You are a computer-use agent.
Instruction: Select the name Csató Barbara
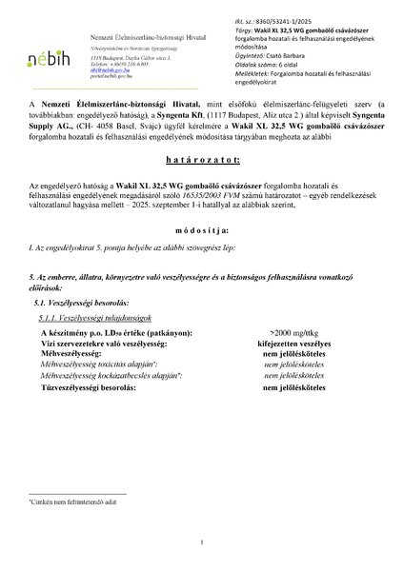click(286, 56)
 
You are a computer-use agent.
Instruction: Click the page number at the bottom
click(202, 543)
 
